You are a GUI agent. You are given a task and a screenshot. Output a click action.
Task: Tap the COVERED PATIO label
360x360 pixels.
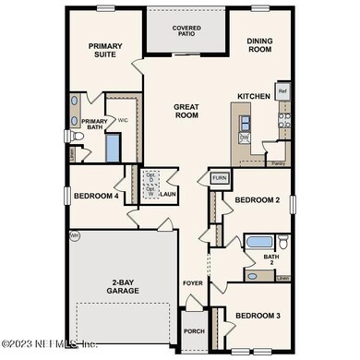click(186, 31)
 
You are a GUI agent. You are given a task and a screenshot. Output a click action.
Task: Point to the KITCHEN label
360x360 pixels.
click(253, 96)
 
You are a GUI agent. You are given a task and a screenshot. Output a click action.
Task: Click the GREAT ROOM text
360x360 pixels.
click(186, 112)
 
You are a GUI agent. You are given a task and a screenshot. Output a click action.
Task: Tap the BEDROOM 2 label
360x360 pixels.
click(257, 200)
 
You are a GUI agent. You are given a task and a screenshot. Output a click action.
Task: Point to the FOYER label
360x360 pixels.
click(191, 284)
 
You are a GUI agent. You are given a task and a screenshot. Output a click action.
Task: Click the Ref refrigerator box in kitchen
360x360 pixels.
click(282, 92)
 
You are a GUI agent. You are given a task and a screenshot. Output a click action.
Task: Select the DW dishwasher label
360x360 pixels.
click(245, 138)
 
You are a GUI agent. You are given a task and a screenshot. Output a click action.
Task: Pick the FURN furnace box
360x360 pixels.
click(219, 178)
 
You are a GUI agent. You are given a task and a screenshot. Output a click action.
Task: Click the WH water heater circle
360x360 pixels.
click(74, 237)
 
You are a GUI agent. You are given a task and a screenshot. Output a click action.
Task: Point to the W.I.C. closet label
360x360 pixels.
click(122, 119)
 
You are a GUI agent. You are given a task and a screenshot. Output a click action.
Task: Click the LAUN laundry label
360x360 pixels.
click(168, 195)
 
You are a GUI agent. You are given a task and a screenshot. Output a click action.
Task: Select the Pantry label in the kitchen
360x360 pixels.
click(277, 163)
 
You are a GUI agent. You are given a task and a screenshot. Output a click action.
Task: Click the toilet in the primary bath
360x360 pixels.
click(78, 138)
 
